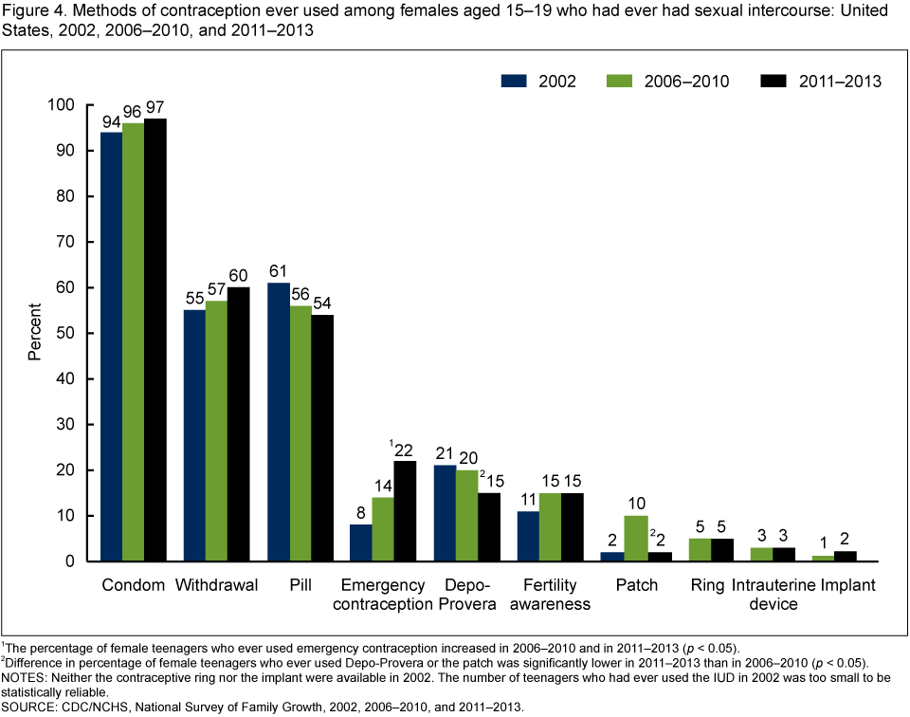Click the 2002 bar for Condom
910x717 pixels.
111,346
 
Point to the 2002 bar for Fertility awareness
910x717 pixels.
527,536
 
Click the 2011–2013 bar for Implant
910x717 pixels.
845,557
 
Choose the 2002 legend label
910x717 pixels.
557,81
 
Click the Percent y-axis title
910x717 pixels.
34,333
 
